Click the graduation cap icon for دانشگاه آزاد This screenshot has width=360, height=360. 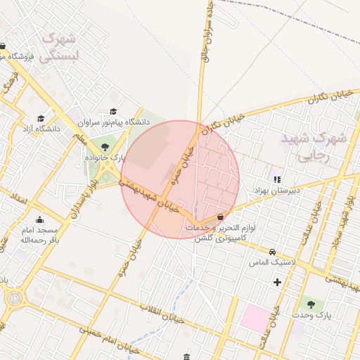tap(41, 118)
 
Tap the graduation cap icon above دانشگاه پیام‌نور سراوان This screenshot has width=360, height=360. tap(114, 111)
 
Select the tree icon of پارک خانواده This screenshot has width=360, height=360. tap(105, 147)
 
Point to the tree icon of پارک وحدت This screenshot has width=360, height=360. tap(311, 304)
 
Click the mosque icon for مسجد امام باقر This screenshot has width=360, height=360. tap(39, 219)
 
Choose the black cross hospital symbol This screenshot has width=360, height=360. tap(277, 283)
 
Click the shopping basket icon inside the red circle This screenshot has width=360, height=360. tap(221, 217)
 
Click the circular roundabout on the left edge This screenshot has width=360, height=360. tap(13, 297)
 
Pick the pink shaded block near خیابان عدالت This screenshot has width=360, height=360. tap(255, 319)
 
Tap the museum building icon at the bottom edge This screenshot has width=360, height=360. tap(186, 356)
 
